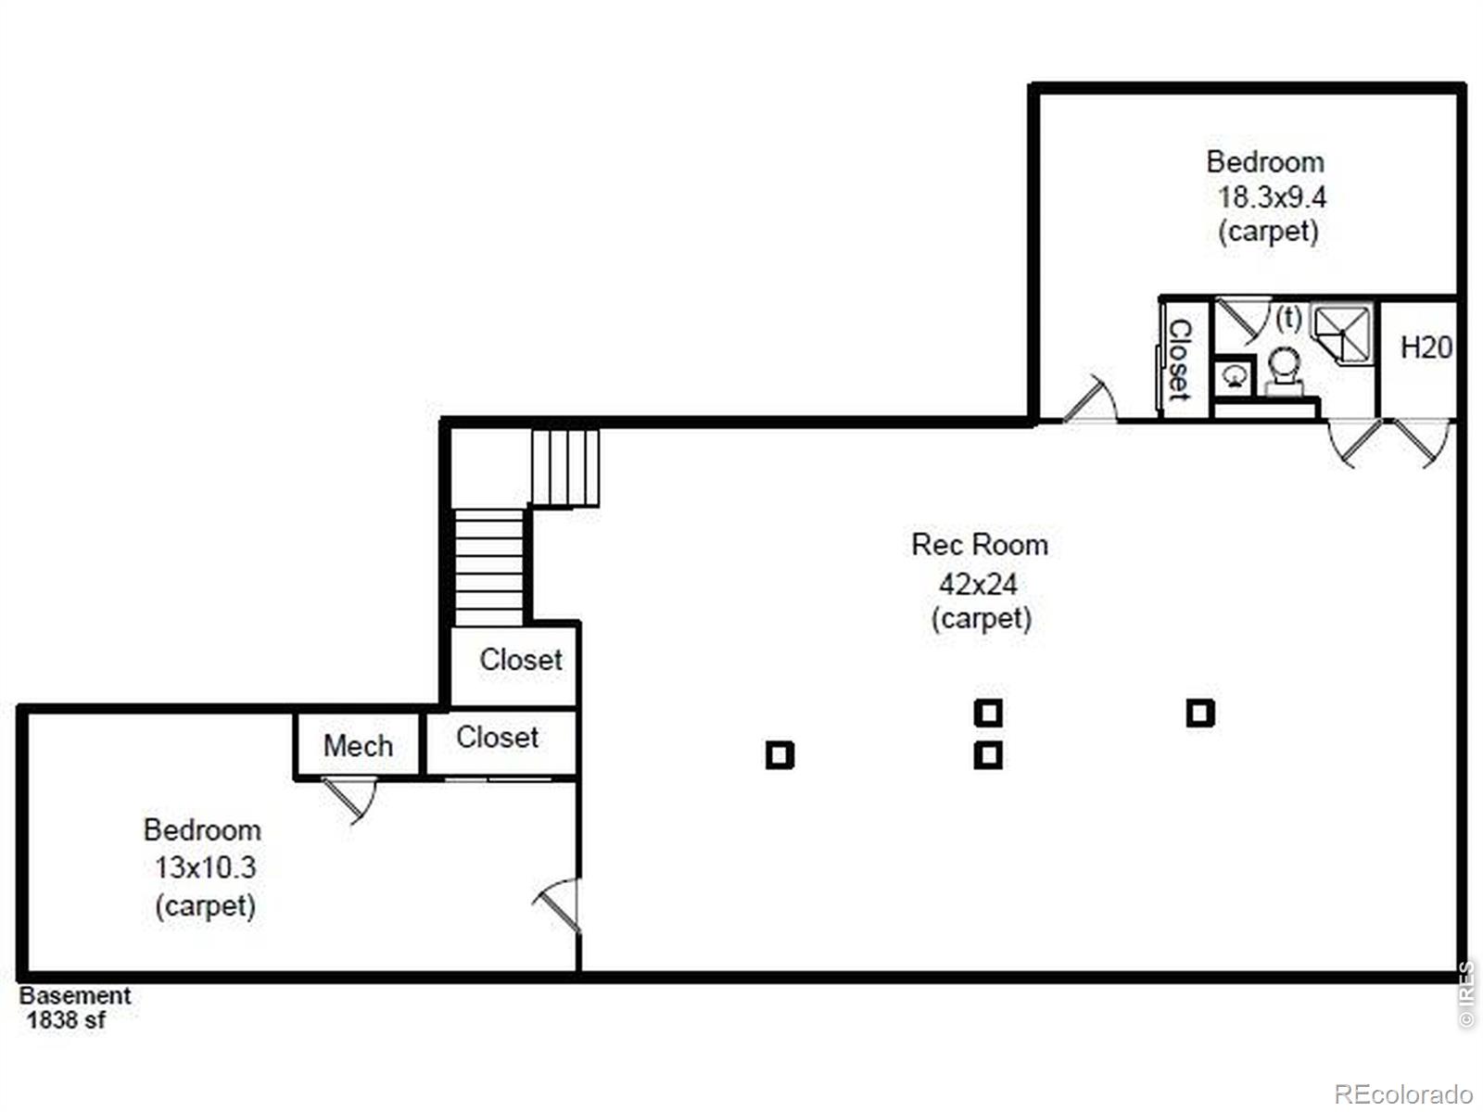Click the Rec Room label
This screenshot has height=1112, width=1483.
pyautogui.click(x=979, y=545)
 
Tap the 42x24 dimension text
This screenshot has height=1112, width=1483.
pyautogui.click(x=978, y=584)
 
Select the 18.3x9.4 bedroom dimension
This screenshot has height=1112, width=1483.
pyautogui.click(x=1272, y=197)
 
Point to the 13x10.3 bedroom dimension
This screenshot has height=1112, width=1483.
pyautogui.click(x=206, y=867)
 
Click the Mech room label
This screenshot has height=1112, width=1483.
pyautogui.click(x=358, y=746)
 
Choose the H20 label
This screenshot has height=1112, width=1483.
pyautogui.click(x=1426, y=347)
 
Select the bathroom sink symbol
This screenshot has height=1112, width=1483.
pyautogui.click(x=1235, y=377)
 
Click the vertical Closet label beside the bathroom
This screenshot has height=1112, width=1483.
pyautogui.click(x=1180, y=360)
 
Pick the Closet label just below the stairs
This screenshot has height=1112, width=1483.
pyautogui.click(x=521, y=660)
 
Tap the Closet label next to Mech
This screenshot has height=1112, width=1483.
pyautogui.click(x=497, y=738)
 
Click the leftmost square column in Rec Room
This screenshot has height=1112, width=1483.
pyautogui.click(x=780, y=755)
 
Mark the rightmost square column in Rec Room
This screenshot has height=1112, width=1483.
pyautogui.click(x=1200, y=713)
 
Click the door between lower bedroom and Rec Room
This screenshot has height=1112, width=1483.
pyautogui.click(x=557, y=905)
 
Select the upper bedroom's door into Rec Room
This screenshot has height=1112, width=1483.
pyautogui.click(x=1089, y=399)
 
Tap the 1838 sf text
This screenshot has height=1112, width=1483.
pyautogui.click(x=66, y=1019)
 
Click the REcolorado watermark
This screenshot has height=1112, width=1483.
pyautogui.click(x=1403, y=1093)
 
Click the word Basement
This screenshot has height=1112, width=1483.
pyautogui.click(x=75, y=996)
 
